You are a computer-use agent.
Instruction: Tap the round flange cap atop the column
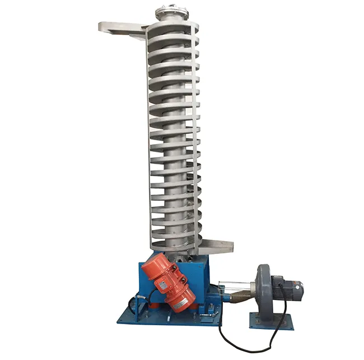click(x=171, y=12)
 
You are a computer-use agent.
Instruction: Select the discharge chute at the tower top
click(x=120, y=27)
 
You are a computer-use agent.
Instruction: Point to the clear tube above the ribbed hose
click(x=236, y=284)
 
